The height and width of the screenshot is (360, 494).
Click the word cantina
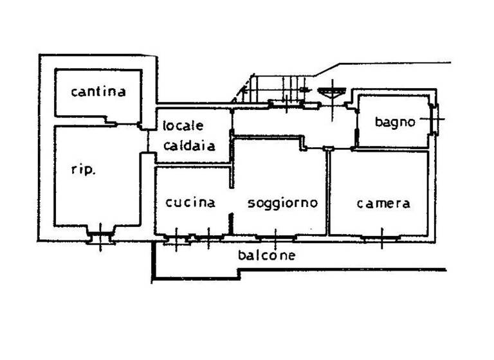(98, 91)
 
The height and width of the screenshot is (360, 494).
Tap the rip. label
(84, 170)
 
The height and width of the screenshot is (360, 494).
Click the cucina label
(190, 203)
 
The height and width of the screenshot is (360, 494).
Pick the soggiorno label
(283, 203)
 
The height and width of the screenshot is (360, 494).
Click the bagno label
(396, 122)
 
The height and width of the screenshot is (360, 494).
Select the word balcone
(266, 255)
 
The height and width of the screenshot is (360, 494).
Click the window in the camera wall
(381, 238)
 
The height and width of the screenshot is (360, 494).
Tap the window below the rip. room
(100, 237)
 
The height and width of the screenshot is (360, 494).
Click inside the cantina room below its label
(96, 107)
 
